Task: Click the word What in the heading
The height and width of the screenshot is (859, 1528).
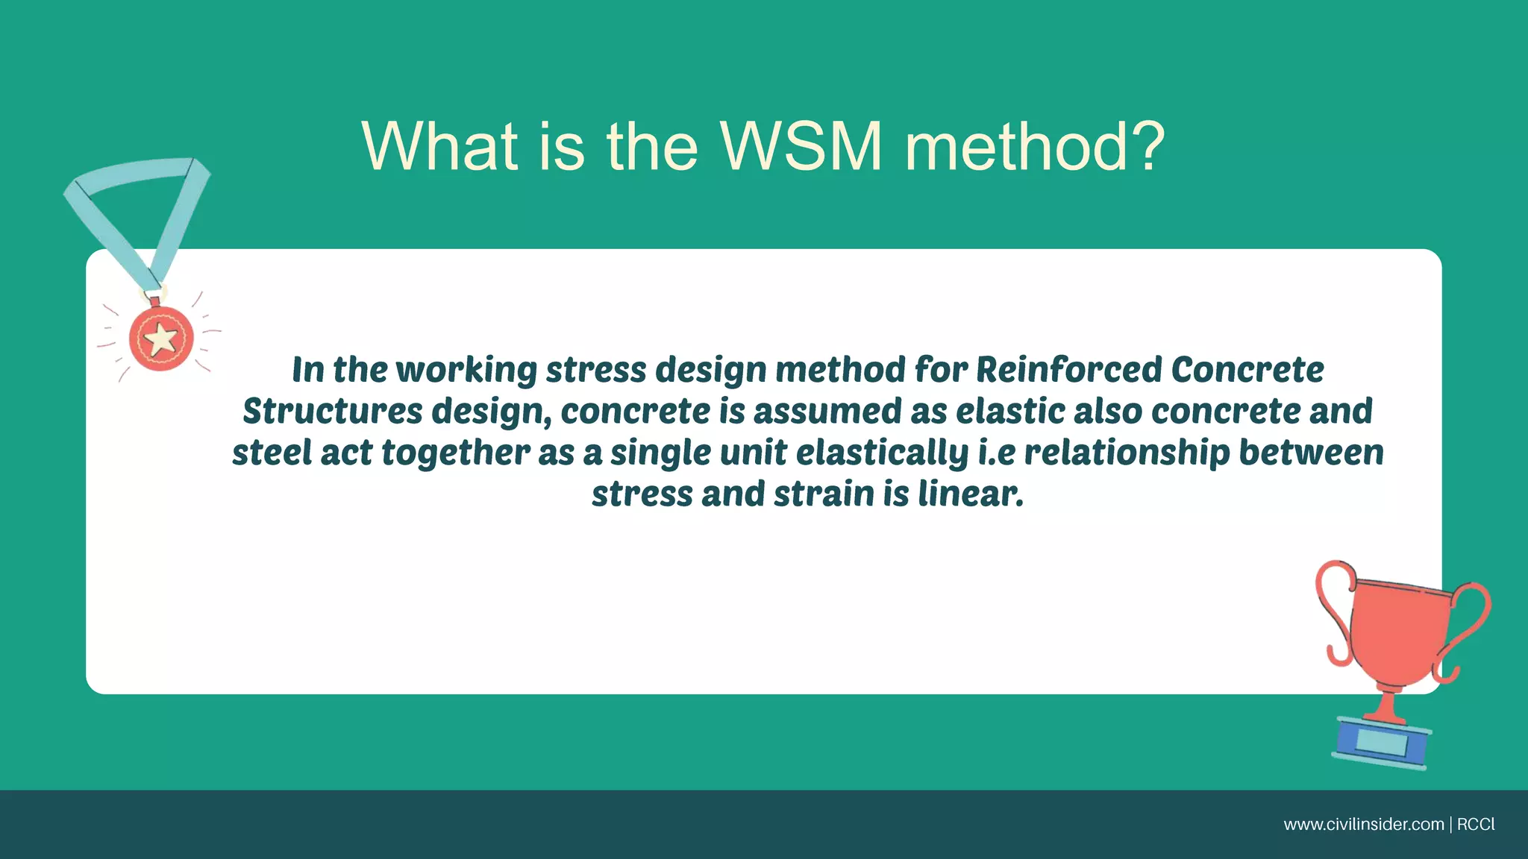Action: click(439, 146)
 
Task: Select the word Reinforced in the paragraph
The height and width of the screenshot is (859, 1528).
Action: click(1068, 370)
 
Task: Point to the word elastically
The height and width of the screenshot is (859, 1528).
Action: click(882, 453)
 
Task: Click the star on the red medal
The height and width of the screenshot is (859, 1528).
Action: click(160, 339)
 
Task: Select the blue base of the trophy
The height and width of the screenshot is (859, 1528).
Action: click(1382, 743)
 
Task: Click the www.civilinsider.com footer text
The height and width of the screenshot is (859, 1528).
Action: click(1363, 825)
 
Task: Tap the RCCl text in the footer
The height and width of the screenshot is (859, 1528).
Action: click(1476, 825)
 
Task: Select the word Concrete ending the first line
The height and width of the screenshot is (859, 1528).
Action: click(1247, 370)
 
